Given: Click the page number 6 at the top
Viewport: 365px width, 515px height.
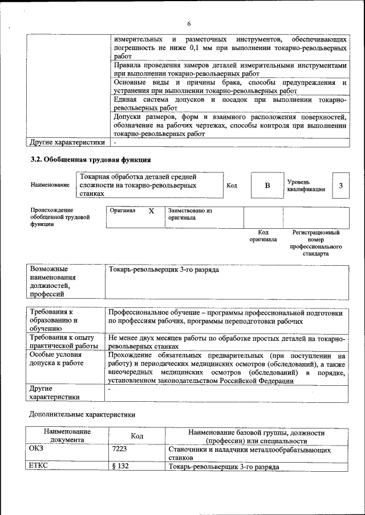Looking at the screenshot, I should [189, 23].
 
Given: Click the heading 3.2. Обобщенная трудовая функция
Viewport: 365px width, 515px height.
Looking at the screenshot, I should [90, 159].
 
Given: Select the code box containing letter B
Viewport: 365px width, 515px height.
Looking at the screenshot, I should [267, 186].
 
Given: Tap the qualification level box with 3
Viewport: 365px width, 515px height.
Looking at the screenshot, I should [340, 186].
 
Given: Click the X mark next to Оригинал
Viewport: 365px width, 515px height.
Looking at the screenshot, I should [151, 211].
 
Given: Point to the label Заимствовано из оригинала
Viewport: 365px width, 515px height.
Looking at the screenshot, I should [190, 214].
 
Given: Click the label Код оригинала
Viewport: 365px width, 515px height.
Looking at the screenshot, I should [263, 236].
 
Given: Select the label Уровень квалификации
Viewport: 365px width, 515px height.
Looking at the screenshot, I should [306, 185].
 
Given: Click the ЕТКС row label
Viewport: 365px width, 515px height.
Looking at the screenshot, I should [38, 466].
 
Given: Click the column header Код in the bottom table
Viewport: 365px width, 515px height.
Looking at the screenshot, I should [136, 436].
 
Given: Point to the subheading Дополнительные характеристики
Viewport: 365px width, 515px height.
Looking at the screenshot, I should [82, 415].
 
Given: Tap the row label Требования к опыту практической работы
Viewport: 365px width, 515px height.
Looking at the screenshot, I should [63, 342].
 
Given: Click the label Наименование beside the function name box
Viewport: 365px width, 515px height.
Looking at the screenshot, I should [50, 186].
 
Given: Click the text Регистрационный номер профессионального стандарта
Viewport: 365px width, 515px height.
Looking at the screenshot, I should [315, 243].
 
